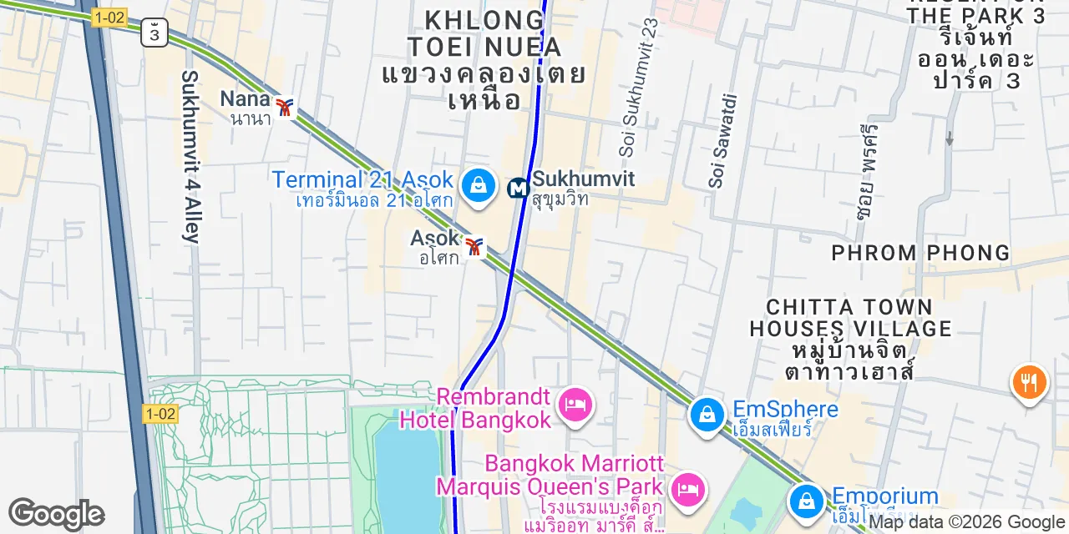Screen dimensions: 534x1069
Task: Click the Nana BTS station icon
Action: tap(286, 108)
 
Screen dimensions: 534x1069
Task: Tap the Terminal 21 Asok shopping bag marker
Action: tap(479, 184)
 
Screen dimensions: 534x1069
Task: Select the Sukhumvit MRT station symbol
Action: tap(519, 189)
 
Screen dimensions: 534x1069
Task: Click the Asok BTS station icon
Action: tap(475, 247)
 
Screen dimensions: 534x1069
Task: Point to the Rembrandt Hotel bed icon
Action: tap(575, 406)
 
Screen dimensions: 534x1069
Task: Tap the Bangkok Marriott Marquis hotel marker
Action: tap(687, 486)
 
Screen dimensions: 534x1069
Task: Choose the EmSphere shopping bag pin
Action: tap(707, 413)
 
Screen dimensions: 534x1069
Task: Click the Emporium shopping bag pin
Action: tap(807, 501)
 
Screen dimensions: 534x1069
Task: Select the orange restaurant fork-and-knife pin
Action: tap(1029, 383)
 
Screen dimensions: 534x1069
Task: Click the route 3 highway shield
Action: tap(155, 33)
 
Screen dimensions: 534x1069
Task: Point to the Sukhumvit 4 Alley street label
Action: tap(190, 157)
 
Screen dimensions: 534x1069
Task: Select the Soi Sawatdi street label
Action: tap(724, 140)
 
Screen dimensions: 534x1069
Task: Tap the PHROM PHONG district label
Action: tap(920, 253)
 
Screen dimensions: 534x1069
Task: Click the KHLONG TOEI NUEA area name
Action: tap(484, 33)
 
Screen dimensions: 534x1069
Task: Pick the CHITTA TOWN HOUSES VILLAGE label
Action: tap(850, 318)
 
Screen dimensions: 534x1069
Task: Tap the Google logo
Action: tap(56, 514)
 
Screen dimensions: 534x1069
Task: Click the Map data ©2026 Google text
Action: tap(967, 522)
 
